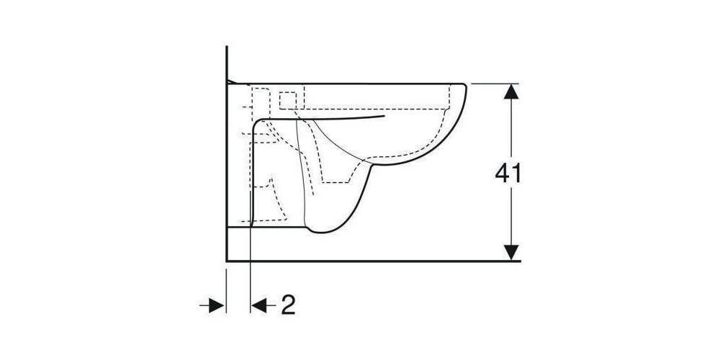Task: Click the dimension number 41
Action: tap(508, 174)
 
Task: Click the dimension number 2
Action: tap(288, 305)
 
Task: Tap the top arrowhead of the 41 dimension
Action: tap(511, 91)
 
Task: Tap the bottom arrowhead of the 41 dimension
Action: tap(511, 253)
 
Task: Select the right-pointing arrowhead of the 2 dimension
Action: tap(217, 305)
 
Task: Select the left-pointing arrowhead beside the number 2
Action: tap(258, 305)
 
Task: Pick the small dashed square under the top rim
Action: tap(288, 101)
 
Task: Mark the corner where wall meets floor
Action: tap(227, 261)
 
